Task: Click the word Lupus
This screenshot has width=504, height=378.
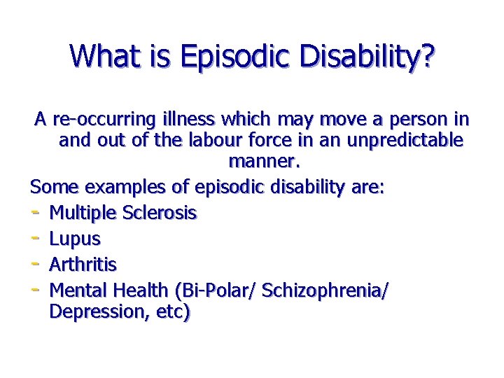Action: click(x=75, y=239)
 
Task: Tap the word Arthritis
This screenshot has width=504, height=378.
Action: click(x=83, y=265)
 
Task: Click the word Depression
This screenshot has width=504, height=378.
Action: click(x=92, y=312)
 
